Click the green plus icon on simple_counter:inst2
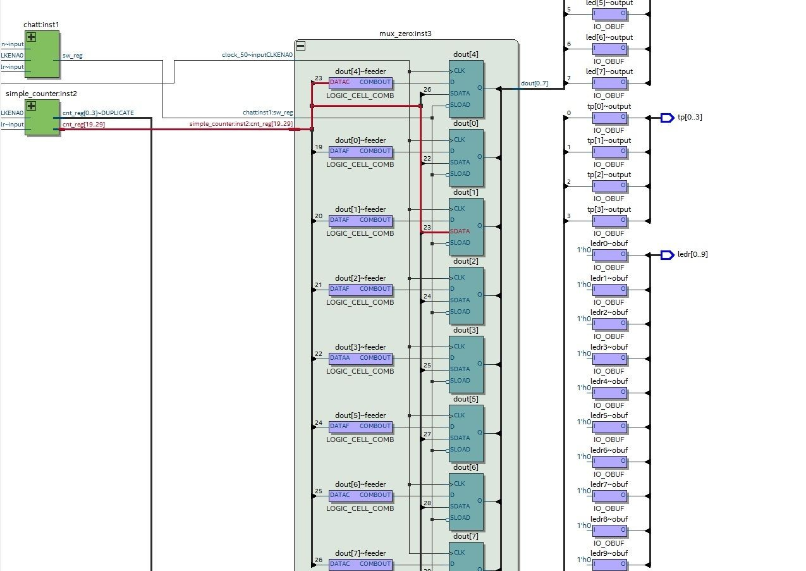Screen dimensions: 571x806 (30, 106)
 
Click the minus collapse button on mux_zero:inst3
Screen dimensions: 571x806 (301, 46)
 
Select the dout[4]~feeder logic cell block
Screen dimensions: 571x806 (360, 83)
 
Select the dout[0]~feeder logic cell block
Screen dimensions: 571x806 (360, 151)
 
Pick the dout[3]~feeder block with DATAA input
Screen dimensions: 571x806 (360, 358)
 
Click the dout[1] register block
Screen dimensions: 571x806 (466, 226)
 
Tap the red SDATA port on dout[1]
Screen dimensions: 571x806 (460, 231)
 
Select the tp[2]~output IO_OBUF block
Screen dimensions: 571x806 (610, 187)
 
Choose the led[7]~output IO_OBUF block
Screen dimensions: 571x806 (610, 83)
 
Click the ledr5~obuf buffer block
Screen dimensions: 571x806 (610, 427)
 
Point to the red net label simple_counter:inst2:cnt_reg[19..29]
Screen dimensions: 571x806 (241, 124)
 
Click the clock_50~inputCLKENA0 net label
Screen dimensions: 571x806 (257, 56)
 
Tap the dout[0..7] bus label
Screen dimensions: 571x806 (534, 83)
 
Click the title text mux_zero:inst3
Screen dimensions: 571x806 (406, 34)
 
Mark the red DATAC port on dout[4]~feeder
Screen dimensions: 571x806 (339, 82)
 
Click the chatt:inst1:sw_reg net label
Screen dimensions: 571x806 (267, 113)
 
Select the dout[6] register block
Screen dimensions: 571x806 (466, 501)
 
